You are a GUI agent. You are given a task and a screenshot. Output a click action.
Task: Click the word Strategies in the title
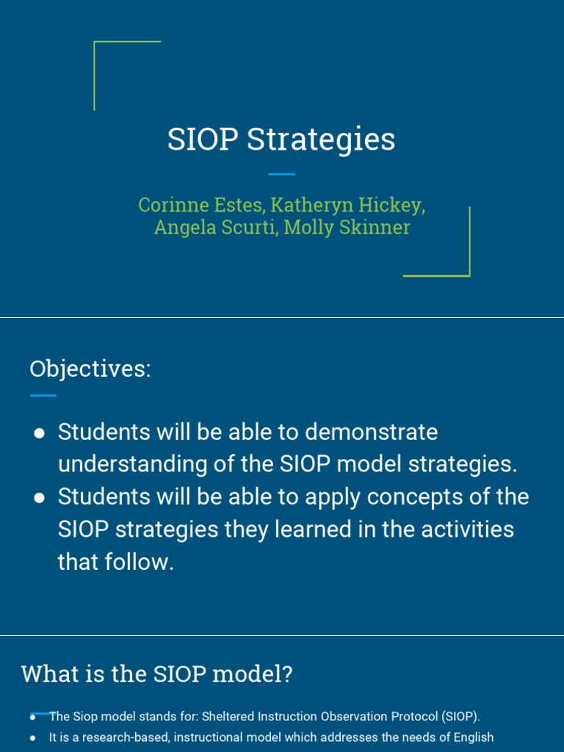(321, 140)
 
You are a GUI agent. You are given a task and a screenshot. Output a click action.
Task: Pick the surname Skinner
(374, 228)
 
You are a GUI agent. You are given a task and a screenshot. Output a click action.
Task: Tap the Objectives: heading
(90, 369)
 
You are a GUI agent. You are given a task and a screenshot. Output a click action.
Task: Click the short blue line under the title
(281, 174)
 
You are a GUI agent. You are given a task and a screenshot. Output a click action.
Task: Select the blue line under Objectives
(43, 395)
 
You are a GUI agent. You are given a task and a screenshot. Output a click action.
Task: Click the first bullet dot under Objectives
(40, 433)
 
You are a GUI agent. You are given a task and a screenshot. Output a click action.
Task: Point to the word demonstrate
(371, 432)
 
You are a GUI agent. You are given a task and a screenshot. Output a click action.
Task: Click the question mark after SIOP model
(286, 673)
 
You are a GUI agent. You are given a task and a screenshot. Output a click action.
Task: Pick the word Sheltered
(226, 716)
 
